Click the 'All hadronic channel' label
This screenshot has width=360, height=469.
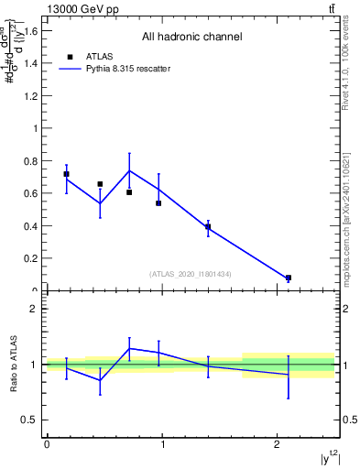pos(191,38)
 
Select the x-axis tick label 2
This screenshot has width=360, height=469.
pos(278,444)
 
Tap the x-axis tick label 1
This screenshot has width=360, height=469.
pos(162,444)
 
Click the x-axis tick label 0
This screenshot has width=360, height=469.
pos(47,444)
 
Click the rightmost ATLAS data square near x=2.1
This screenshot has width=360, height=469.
pos(289,278)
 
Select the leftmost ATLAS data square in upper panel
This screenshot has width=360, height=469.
pos(66,174)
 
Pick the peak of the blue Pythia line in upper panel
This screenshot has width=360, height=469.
pos(129,170)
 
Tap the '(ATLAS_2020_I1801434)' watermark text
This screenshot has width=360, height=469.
pos(191,273)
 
